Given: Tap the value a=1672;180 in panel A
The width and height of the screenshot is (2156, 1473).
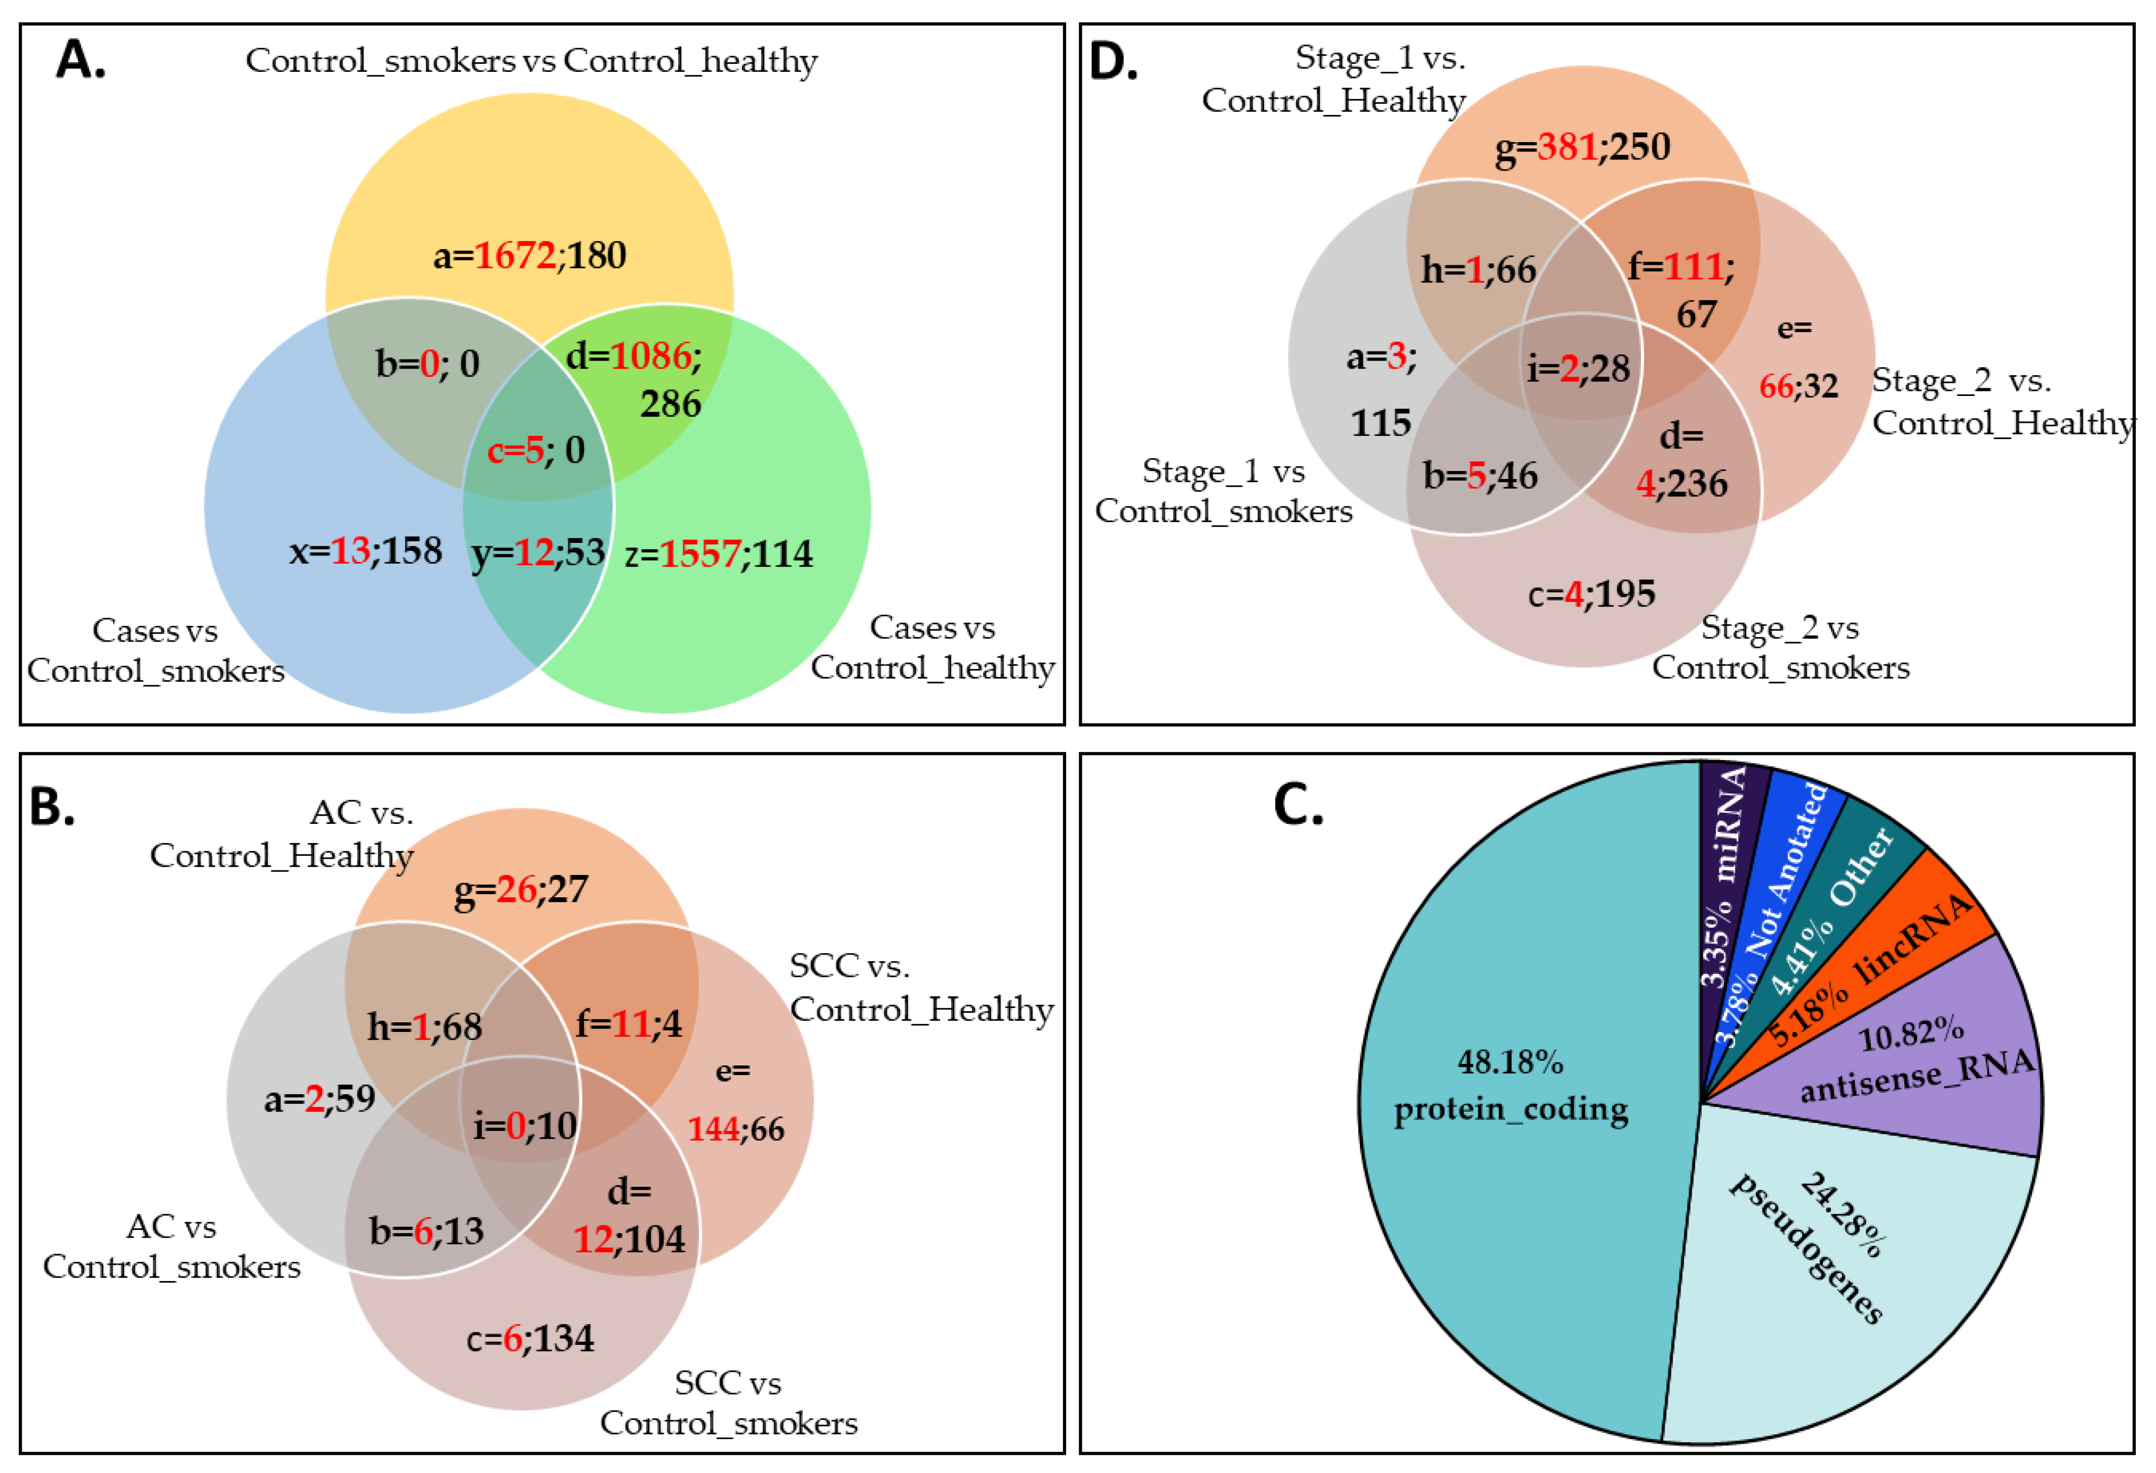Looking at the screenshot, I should point(530,255).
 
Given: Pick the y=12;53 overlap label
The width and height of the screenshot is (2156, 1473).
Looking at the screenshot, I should point(538,553).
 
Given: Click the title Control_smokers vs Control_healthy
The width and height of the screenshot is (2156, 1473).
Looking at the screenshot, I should point(531,61).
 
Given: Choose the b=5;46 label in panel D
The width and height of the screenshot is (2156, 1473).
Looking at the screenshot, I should point(1480,476).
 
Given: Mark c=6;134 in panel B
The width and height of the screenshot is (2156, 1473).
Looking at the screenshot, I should point(530,1338).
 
